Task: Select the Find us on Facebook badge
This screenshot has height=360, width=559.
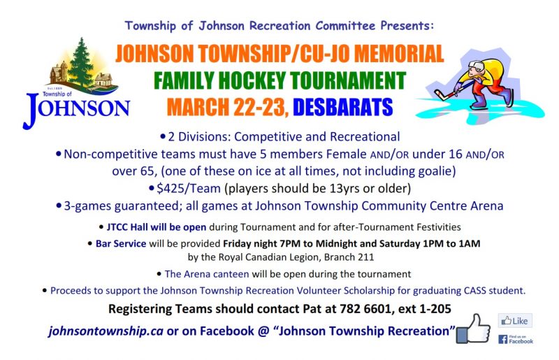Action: pos(516,339)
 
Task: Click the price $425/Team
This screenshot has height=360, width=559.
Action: pos(189,188)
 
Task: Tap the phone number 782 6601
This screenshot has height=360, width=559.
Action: pos(365,309)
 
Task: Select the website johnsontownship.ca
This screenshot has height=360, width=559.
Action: pos(106,331)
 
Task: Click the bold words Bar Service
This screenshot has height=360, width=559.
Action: pos(121,243)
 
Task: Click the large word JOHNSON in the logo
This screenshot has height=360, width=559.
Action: pos(76,109)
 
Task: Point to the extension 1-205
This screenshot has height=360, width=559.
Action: pos(435,309)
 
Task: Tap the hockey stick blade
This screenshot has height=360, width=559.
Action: pos(440,94)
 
